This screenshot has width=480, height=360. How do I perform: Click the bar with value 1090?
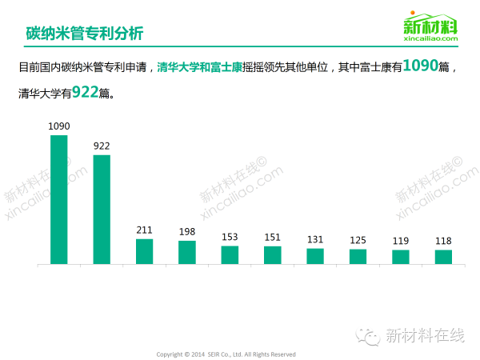[58, 199]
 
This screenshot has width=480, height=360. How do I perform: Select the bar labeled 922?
[102, 209]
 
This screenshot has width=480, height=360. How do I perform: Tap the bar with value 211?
[144, 251]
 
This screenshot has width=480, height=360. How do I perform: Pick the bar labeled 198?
[187, 252]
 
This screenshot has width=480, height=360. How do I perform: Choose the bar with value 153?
[230, 254]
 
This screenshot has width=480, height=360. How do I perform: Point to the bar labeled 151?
[273, 254]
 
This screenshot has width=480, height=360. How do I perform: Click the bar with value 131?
[315, 256]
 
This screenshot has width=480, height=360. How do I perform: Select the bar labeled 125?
[358, 257]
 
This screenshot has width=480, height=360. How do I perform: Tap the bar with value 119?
[401, 257]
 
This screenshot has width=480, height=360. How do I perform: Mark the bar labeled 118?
[443, 257]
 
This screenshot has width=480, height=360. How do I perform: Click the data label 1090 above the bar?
[59, 126]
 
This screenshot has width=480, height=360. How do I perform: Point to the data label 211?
[144, 230]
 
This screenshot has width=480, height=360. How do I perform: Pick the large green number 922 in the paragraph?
[85, 92]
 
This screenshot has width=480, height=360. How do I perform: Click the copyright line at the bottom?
[226, 354]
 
